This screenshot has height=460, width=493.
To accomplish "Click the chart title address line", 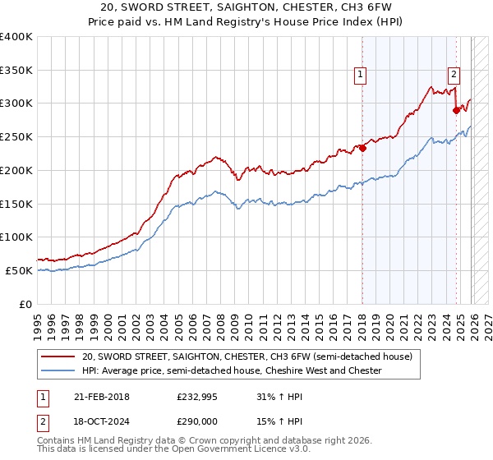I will click(x=246, y=7).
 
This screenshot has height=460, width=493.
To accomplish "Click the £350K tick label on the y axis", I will click(x=16, y=71).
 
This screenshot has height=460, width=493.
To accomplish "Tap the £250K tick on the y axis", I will click(x=16, y=137).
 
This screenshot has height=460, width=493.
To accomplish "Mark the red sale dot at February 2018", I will click(x=362, y=149).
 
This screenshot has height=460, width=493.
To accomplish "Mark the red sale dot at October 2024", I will click(x=456, y=110).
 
